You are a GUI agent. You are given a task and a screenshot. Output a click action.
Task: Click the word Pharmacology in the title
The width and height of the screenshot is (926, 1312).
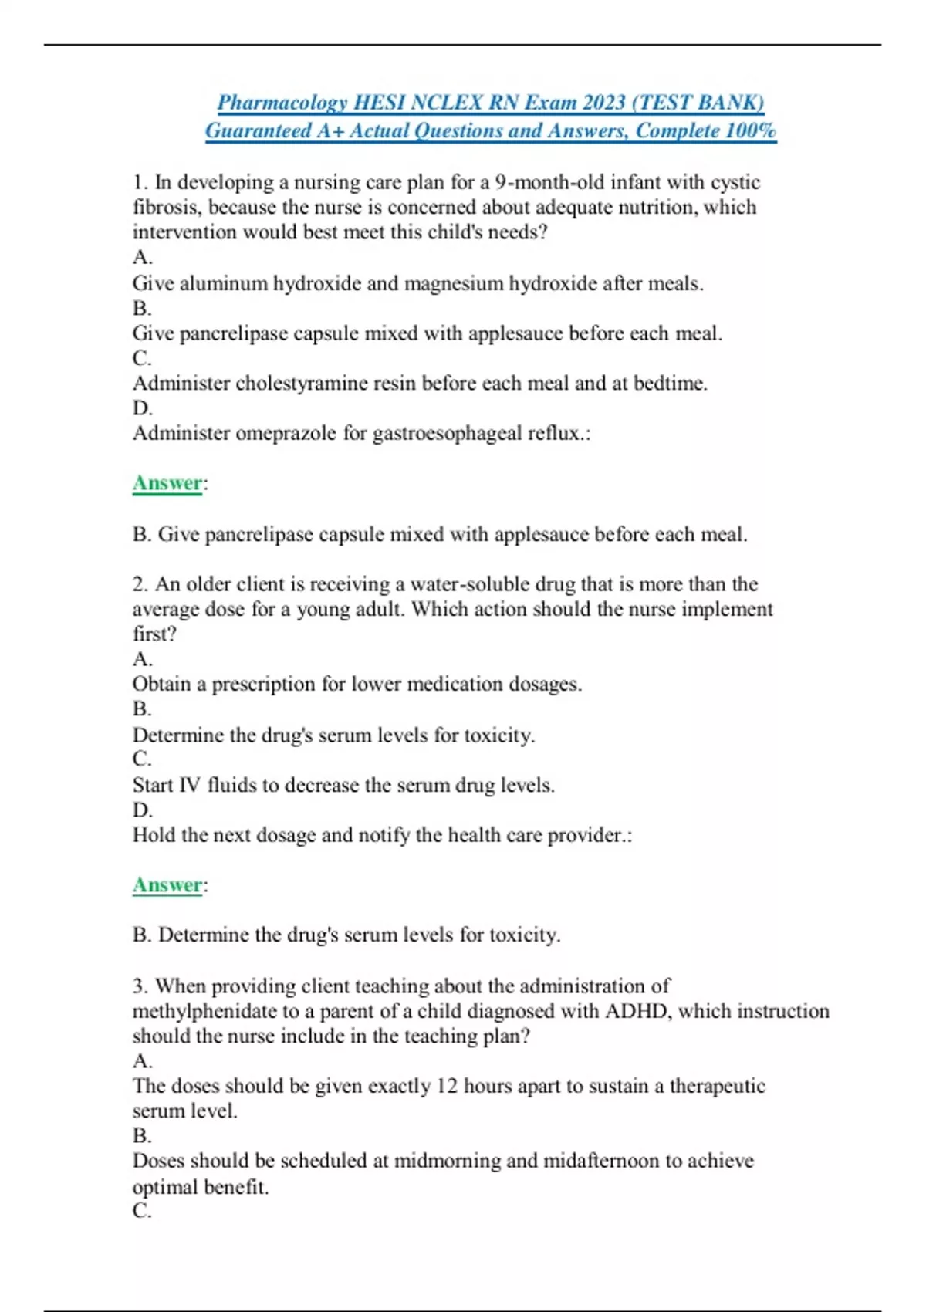pyautogui.click(x=282, y=103)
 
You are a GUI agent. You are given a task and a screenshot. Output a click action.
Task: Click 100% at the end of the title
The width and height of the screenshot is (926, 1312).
pyautogui.click(x=750, y=130)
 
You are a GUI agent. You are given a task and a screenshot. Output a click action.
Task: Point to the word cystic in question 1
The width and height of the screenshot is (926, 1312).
pyautogui.click(x=735, y=182)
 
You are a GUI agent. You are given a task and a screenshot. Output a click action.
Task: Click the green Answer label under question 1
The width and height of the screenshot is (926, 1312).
pyautogui.click(x=167, y=483)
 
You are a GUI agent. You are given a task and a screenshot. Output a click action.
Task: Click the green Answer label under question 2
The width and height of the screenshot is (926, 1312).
pyautogui.click(x=167, y=885)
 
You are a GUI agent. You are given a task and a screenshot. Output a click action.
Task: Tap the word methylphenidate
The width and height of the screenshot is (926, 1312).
pyautogui.click(x=204, y=1011)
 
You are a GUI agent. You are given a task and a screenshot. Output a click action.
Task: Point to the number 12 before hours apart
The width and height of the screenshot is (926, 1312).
pyautogui.click(x=447, y=1086)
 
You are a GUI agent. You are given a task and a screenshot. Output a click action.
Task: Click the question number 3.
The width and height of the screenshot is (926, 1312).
pyautogui.click(x=140, y=986)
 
